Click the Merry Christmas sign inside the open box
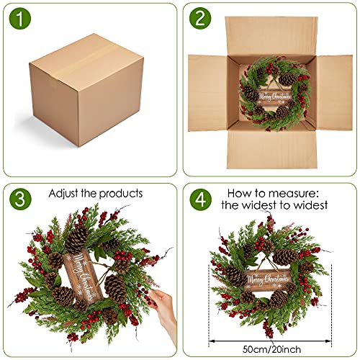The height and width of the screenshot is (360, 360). coord(277,98)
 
